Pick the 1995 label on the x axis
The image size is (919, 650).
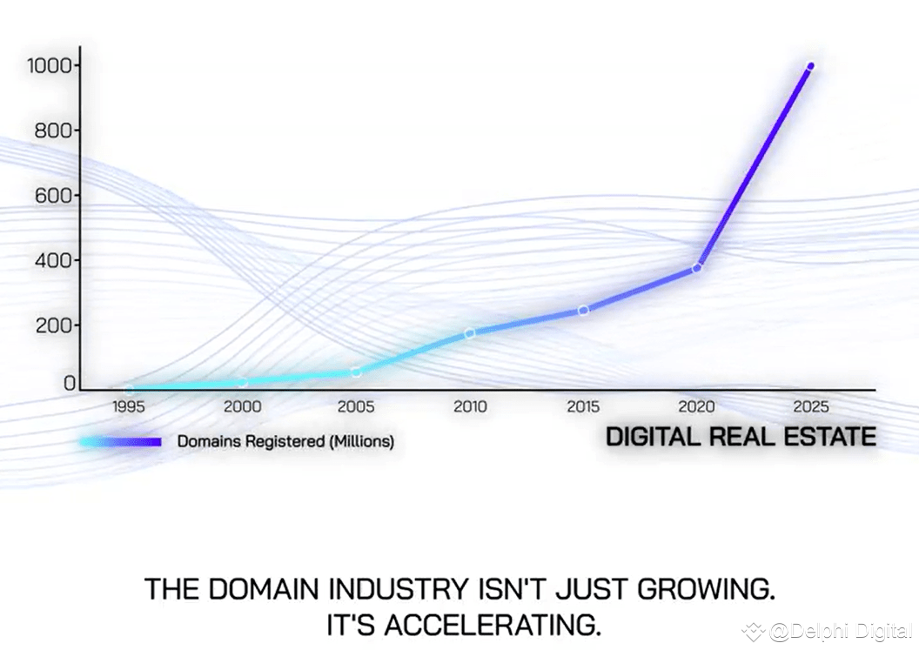(x=129, y=406)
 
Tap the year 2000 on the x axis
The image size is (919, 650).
(x=242, y=406)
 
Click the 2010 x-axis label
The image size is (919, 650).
(x=470, y=406)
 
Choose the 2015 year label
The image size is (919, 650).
(x=583, y=406)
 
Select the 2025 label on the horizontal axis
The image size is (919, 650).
(x=811, y=406)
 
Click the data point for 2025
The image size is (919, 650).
(x=811, y=66)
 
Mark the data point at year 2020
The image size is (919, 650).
(x=697, y=267)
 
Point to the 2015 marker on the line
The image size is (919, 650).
(x=584, y=310)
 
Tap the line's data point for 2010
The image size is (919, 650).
(x=470, y=332)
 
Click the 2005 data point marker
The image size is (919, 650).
(x=356, y=372)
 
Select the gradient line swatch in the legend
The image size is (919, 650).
(x=121, y=442)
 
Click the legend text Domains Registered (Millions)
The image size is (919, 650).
(x=285, y=442)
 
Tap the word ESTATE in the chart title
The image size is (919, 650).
(x=827, y=437)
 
